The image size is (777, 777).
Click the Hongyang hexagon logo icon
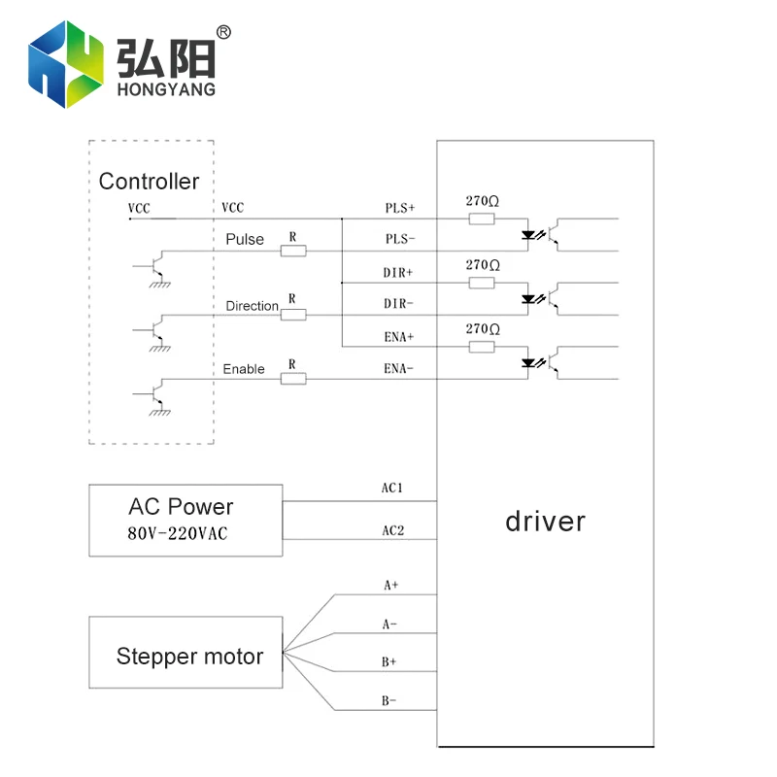click(65, 64)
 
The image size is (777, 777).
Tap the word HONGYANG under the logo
click(165, 90)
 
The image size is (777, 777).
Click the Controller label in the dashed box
click(149, 182)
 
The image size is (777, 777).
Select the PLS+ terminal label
click(399, 208)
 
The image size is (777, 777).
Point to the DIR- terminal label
click(398, 303)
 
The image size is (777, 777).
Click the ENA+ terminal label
click(398, 336)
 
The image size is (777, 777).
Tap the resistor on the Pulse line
click(293, 251)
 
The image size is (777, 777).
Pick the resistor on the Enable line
click(293, 378)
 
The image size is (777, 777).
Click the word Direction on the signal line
click(253, 306)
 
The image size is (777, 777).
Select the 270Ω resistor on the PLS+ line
click(482, 220)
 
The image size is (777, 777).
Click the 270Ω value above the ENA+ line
click(482, 329)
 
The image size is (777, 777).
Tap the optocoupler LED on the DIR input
click(530, 298)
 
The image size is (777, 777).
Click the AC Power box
click(186, 521)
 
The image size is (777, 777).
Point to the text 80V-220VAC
click(177, 533)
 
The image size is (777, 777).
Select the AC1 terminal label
click(392, 488)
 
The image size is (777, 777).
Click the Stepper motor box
click(186, 653)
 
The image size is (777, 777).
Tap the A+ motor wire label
click(390, 586)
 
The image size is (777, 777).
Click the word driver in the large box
click(545, 522)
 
